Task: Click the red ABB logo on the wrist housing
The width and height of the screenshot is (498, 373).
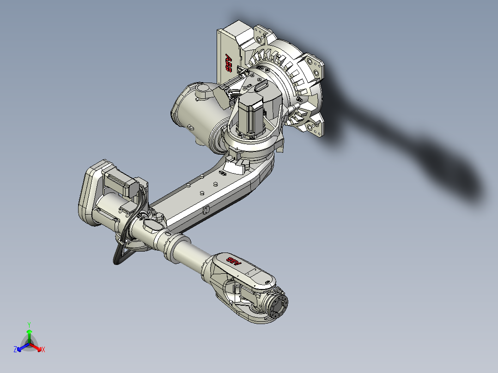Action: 233,262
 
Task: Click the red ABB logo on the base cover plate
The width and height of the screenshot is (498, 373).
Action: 228,63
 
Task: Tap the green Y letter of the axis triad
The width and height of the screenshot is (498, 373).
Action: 29,325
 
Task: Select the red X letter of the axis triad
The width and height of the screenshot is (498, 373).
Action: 43,350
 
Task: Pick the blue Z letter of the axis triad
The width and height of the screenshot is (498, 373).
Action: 15,350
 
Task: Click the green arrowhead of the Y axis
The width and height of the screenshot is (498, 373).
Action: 29,332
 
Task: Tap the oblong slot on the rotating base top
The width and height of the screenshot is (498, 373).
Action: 261,85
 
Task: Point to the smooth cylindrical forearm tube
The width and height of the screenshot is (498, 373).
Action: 189,252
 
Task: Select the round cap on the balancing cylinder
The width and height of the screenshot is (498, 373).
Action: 201,89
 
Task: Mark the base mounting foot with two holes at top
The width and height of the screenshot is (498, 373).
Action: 261,35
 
